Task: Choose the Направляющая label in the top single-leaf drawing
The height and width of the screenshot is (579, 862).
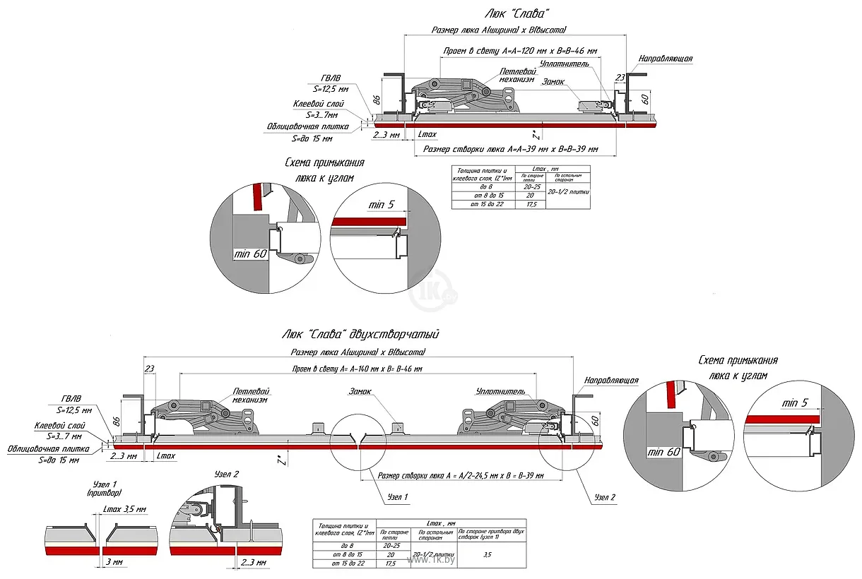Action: pos(665,59)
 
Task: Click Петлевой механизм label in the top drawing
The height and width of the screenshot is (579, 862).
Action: pos(516,76)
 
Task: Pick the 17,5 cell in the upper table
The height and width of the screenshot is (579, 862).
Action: pos(531,204)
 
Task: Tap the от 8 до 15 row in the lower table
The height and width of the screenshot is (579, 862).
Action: pos(346,555)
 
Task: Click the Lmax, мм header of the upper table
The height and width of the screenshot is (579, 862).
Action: pos(552,168)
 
